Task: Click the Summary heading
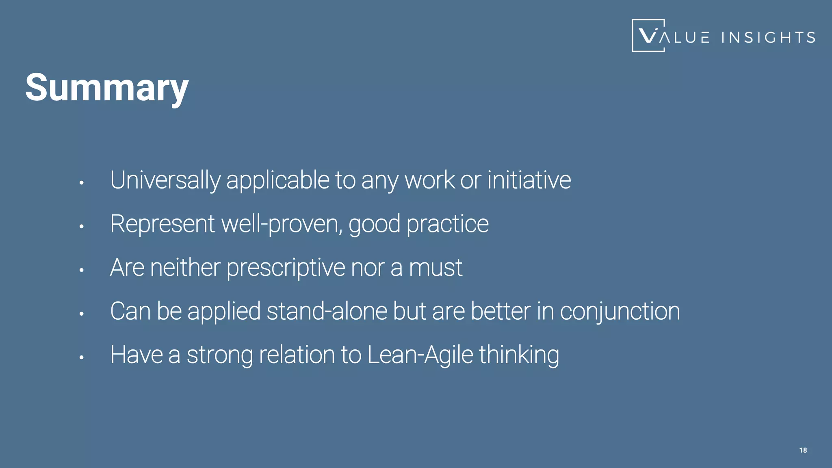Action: (x=107, y=88)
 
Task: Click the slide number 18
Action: (x=803, y=450)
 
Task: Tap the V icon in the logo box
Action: (x=648, y=36)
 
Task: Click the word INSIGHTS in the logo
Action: (x=768, y=37)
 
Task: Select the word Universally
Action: (x=165, y=180)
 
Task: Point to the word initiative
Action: (x=529, y=180)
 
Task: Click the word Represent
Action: (x=162, y=224)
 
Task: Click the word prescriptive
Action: (x=286, y=268)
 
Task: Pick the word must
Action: (x=435, y=268)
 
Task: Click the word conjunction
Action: (x=620, y=312)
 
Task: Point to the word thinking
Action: (x=519, y=355)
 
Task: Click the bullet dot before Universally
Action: (x=81, y=183)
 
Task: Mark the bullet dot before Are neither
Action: (x=81, y=270)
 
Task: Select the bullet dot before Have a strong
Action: (x=81, y=357)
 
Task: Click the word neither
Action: (x=185, y=268)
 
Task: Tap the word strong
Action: (x=220, y=355)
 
